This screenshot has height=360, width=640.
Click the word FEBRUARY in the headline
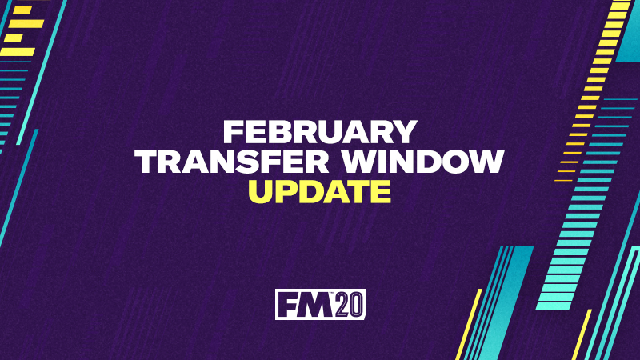[320, 132]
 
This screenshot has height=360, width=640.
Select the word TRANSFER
[232, 162]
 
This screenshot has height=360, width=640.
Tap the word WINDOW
[423, 162]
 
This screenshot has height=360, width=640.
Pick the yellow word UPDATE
[320, 191]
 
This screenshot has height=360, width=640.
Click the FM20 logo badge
[320, 305]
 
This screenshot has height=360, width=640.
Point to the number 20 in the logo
[350, 305]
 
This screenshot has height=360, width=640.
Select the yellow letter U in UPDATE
[260, 192]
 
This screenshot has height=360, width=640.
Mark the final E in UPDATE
[382, 191]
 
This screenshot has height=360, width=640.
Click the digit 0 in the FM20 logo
[356, 305]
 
